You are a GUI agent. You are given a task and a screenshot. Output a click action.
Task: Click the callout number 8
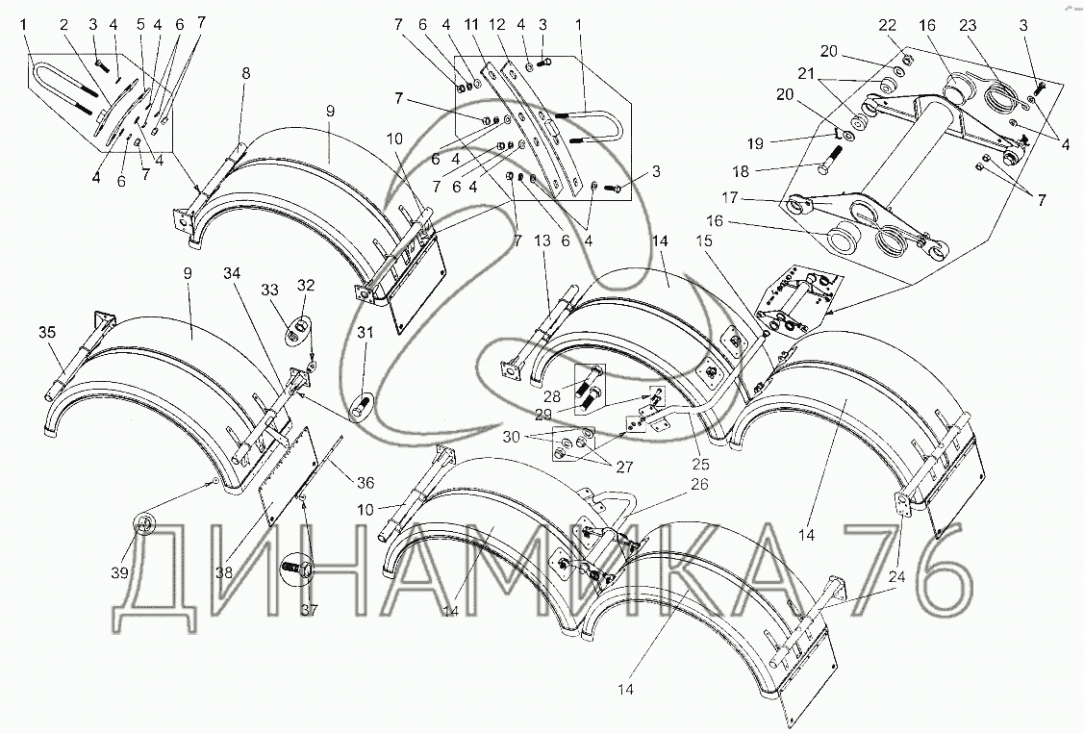(246, 74)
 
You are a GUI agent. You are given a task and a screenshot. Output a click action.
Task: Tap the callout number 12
(497, 26)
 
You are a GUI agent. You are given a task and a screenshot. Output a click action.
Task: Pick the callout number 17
(730, 198)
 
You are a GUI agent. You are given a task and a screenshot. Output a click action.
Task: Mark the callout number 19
(755, 143)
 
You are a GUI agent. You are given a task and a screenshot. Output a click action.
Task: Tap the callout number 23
(968, 26)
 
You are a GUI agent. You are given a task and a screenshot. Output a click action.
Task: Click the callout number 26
(699, 485)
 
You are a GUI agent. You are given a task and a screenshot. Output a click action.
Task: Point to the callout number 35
(46, 333)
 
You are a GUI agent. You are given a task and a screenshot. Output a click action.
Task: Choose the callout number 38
(225, 573)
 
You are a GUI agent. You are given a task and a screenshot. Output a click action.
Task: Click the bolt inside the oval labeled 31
(360, 409)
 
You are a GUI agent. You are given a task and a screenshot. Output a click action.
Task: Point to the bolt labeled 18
(829, 160)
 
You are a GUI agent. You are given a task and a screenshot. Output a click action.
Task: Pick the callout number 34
(232, 274)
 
